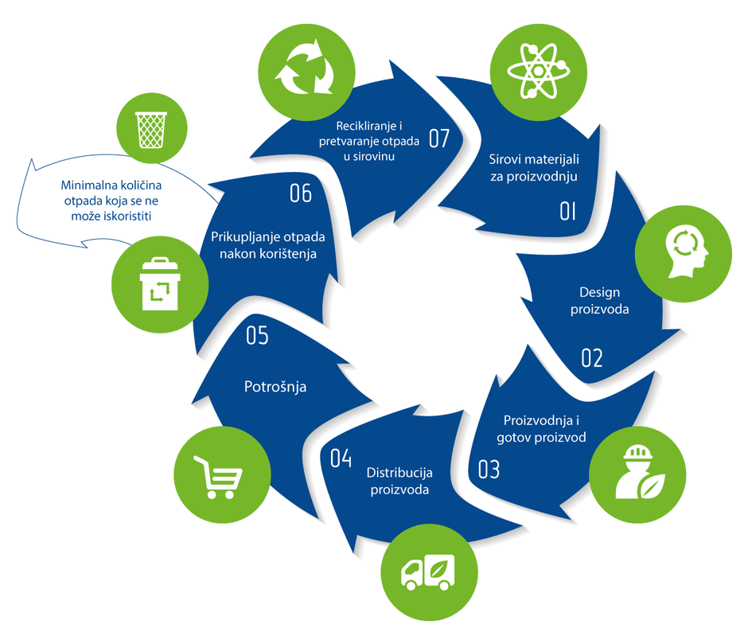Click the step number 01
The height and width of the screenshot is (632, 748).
coord(567,211)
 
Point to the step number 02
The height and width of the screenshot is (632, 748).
coord(591,358)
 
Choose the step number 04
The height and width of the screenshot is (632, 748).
coord(340,458)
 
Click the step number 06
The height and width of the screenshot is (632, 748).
coord(300,193)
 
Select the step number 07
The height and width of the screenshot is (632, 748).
coord(439,138)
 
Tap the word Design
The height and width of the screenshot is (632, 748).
coord(599,292)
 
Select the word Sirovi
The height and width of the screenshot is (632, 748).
coord(505,158)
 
